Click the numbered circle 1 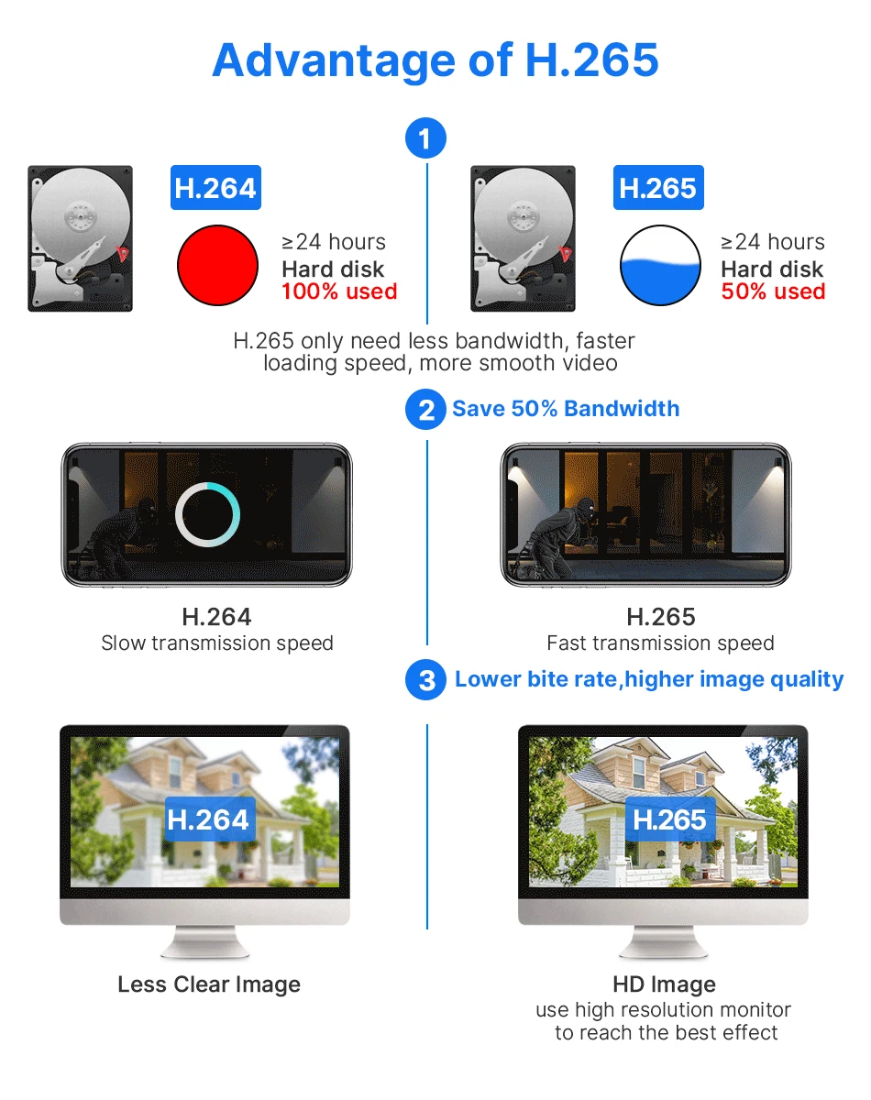[x=425, y=138]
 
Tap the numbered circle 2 [x=425, y=410]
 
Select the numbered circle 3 [x=425, y=680]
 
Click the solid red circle [x=217, y=265]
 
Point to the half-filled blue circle [x=660, y=265]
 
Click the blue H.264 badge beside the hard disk [x=215, y=188]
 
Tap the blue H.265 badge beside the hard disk [x=658, y=188]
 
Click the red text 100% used [x=339, y=291]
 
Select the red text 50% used [x=773, y=291]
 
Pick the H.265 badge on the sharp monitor [x=670, y=819]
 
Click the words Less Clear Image [x=209, y=984]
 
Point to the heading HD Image [x=664, y=984]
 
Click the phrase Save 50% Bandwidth [x=566, y=409]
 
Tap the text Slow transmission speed [x=217, y=643]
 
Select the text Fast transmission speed [x=660, y=643]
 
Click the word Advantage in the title [x=334, y=61]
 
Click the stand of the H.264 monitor [x=205, y=941]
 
